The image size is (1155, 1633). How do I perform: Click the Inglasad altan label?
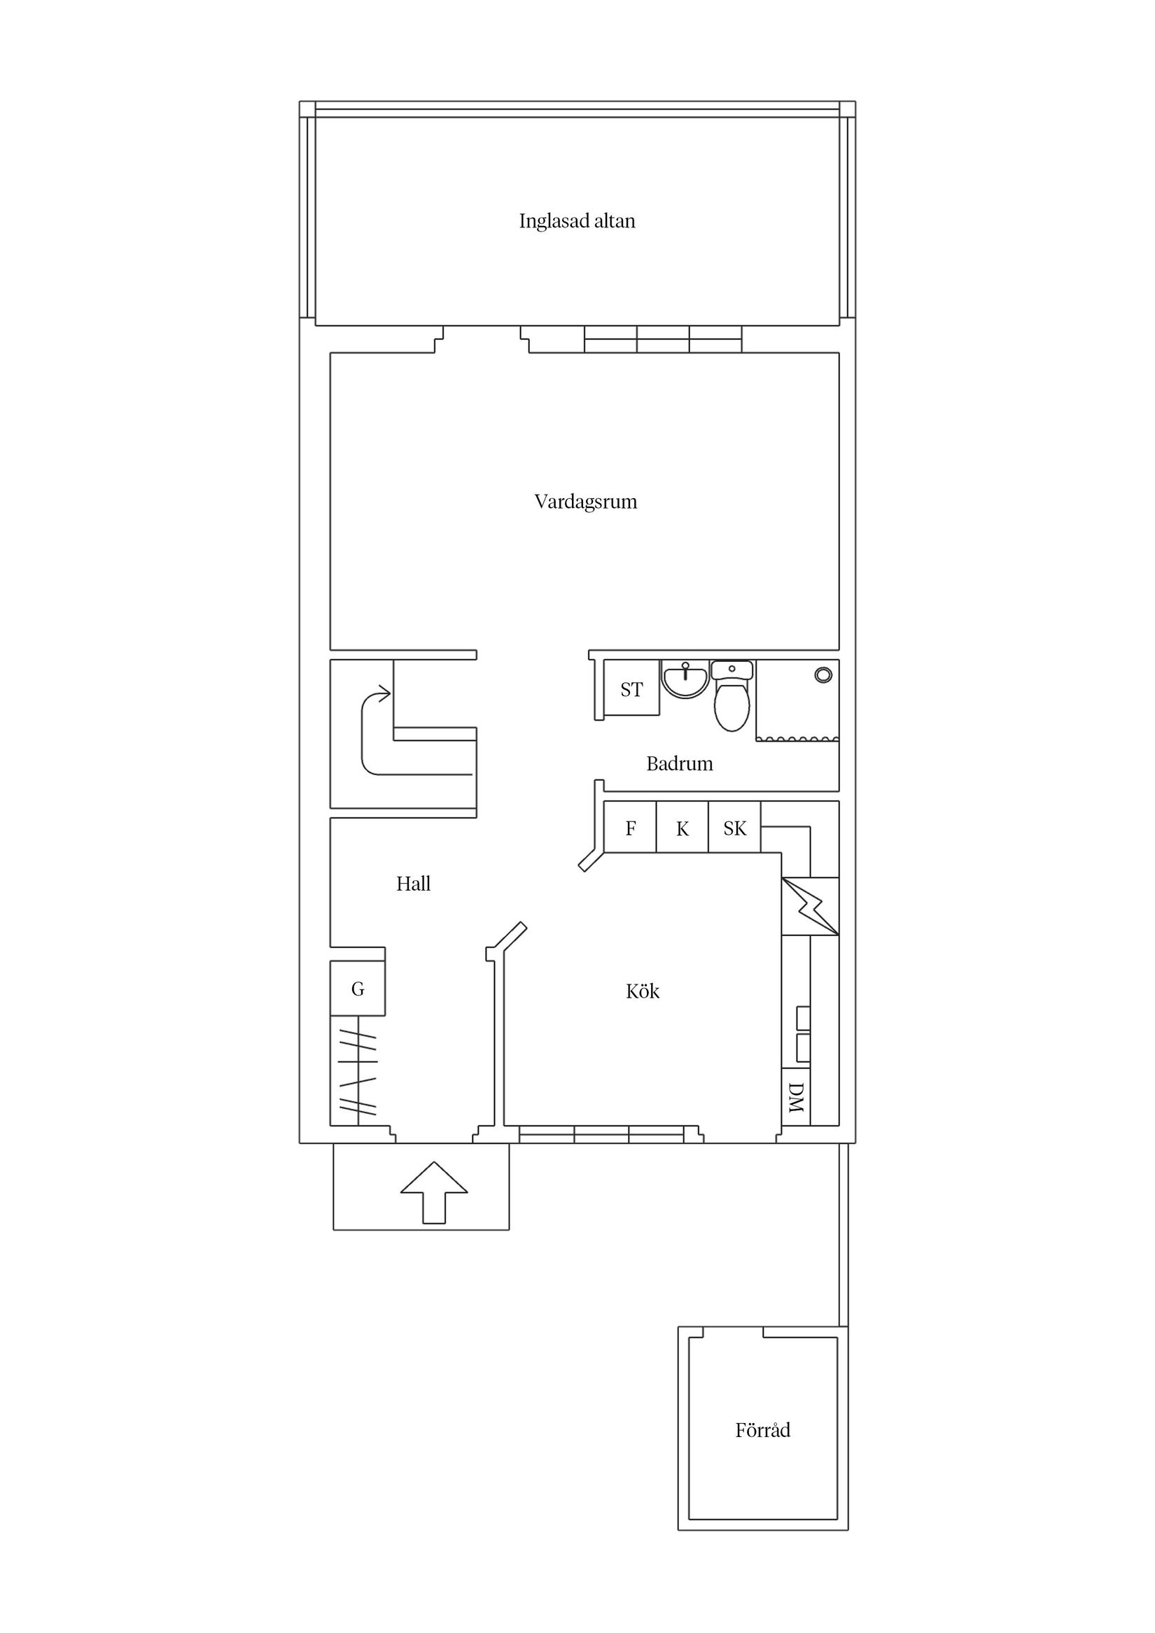tap(576, 221)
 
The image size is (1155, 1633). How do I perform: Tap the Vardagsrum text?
tap(585, 502)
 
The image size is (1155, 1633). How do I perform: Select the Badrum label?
tap(679, 764)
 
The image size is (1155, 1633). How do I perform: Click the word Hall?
tap(413, 884)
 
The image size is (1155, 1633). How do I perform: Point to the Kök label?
tap(642, 991)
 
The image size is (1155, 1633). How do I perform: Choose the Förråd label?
tap(762, 1430)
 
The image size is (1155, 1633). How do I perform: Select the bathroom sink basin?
tap(685, 679)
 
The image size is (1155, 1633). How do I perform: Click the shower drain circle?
tap(823, 675)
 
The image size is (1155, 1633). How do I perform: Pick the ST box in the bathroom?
tap(631, 689)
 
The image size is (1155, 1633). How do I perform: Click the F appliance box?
tap(630, 828)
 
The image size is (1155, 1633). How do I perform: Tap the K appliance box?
tap(682, 828)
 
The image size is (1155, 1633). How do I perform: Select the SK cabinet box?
tap(734, 828)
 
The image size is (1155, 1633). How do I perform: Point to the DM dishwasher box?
tap(796, 1098)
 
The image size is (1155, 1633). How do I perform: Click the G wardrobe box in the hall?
tap(357, 989)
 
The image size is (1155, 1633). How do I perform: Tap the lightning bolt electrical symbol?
tap(811, 907)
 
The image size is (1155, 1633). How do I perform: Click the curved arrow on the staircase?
tap(374, 733)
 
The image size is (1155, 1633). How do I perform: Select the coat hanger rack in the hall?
tap(356, 1070)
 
